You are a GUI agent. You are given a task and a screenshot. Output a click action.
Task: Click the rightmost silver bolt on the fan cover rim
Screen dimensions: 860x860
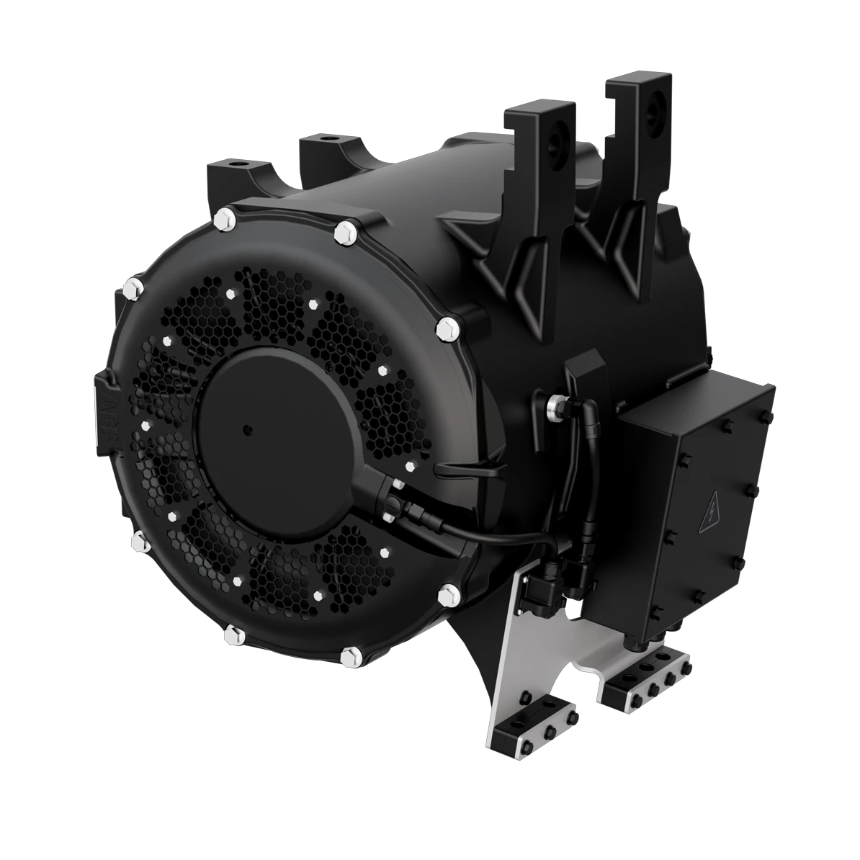coord(447,328)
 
